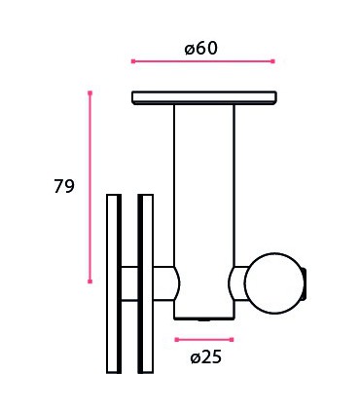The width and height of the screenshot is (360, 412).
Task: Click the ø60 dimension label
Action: (x=201, y=46)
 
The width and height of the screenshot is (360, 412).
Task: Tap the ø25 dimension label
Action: (x=205, y=356)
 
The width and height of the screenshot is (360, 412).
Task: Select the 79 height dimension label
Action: (x=64, y=187)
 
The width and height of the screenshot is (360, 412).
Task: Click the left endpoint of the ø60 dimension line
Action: (x=132, y=61)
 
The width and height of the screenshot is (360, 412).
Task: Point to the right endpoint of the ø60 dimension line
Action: (x=272, y=61)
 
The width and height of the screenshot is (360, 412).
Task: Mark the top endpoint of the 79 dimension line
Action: (x=90, y=94)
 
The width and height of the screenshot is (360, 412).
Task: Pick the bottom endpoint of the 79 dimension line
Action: (x=90, y=281)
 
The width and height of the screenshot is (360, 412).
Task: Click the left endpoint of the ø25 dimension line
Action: (x=176, y=339)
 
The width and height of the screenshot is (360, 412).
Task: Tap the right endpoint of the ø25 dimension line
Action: (x=234, y=339)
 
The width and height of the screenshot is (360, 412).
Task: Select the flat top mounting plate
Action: (x=204, y=97)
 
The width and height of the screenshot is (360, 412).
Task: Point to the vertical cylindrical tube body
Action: (x=204, y=195)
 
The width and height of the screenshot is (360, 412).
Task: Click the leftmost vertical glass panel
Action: (x=114, y=282)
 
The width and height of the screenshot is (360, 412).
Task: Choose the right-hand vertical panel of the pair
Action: (x=146, y=282)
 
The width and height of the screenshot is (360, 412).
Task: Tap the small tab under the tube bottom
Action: (x=203, y=318)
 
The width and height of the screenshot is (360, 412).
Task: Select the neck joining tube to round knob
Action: (x=237, y=283)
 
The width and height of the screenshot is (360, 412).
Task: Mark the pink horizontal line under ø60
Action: (x=202, y=61)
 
